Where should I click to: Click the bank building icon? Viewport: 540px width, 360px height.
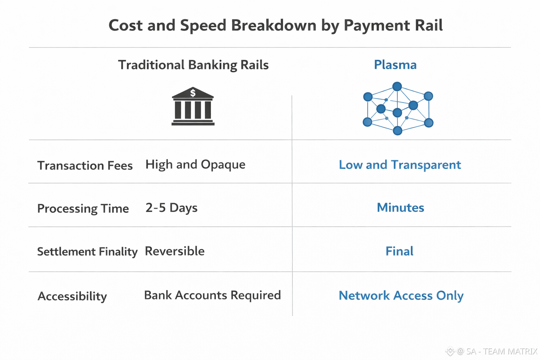(193, 106)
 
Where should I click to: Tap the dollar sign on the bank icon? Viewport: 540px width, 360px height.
(193, 93)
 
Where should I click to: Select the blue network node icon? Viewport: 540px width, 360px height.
(398, 109)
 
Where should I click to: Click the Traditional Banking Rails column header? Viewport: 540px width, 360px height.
(193, 65)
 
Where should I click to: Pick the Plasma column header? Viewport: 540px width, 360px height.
(395, 65)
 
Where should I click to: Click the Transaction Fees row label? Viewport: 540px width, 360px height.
(85, 166)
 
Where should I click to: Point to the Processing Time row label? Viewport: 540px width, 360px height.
(83, 208)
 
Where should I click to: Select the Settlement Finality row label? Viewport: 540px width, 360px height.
(87, 252)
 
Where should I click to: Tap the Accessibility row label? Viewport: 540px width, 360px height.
(72, 296)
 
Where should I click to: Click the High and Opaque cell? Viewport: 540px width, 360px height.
(195, 165)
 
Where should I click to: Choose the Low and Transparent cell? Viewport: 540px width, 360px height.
(400, 165)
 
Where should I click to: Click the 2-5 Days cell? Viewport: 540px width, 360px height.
(172, 208)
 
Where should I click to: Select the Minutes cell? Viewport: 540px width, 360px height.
(400, 208)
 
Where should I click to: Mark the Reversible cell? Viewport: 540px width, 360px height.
(175, 251)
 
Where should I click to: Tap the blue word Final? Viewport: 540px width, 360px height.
(399, 251)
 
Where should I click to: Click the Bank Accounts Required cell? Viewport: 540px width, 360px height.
(212, 295)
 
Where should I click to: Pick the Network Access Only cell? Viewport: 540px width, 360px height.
(401, 296)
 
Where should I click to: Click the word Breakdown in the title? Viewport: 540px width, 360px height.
(274, 26)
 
